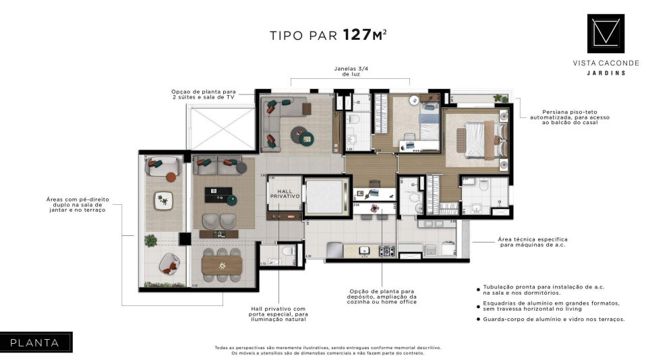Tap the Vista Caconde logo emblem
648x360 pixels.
(605, 34)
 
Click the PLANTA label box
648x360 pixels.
(35, 342)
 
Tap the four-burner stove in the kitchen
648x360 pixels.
(386, 251)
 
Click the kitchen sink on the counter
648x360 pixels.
(365, 251)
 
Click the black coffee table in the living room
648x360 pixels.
(218, 194)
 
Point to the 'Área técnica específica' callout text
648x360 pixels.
(532, 241)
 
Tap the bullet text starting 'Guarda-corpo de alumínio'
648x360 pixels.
(554, 319)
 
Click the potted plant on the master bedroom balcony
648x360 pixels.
(499, 98)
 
